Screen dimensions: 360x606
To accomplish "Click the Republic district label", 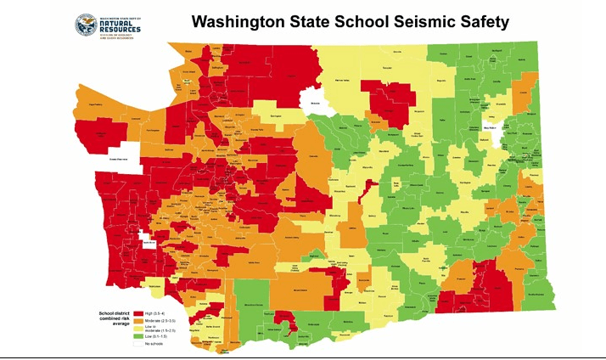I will click(x=440, y=78).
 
